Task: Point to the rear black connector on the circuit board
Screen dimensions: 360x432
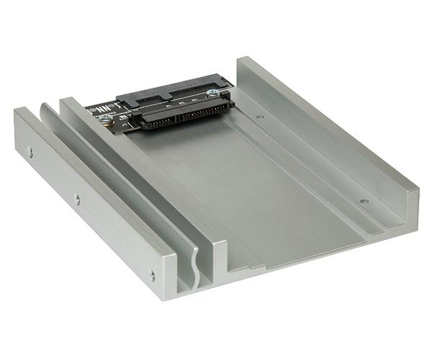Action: point(174,90)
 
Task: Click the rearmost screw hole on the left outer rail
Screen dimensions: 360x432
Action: point(30,150)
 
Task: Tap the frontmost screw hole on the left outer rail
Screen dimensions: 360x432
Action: point(152,274)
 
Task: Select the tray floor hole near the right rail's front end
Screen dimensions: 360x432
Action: point(364,201)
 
